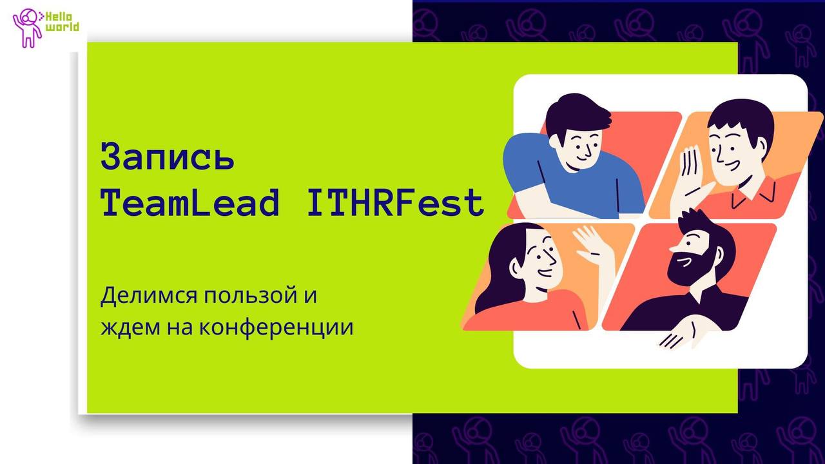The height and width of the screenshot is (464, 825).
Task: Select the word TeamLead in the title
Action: click(190, 202)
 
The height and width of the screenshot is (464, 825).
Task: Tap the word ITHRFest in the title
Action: click(395, 202)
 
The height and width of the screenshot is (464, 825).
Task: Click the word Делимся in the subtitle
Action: click(149, 296)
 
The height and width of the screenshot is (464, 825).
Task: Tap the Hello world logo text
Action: click(62, 22)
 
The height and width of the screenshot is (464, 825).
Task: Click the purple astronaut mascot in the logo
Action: click(26, 28)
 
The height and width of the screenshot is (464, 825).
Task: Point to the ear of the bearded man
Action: click(718, 254)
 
